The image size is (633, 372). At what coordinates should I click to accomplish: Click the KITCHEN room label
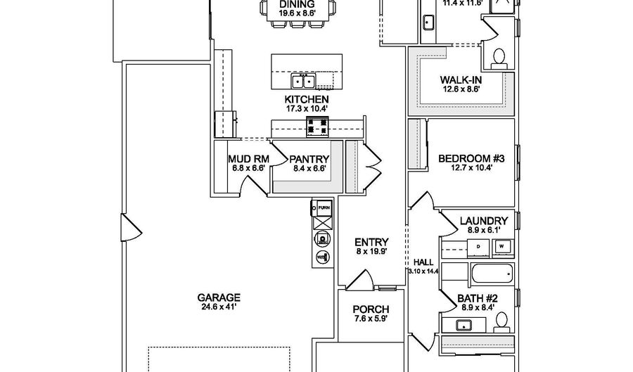click(x=306, y=99)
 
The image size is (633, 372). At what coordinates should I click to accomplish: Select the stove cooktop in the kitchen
click(x=316, y=127)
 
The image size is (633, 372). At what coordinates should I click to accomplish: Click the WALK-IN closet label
click(x=461, y=80)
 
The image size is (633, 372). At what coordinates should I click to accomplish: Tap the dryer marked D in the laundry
click(x=478, y=248)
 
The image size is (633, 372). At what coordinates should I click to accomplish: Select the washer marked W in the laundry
click(x=501, y=248)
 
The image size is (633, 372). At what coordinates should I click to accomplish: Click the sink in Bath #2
click(x=464, y=325)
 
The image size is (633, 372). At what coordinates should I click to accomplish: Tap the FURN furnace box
click(x=324, y=208)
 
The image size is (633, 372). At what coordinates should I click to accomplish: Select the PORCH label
click(x=371, y=309)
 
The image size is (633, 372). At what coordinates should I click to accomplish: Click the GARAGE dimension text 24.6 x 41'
click(x=219, y=307)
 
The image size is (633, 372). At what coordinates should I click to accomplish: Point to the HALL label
click(x=423, y=261)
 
